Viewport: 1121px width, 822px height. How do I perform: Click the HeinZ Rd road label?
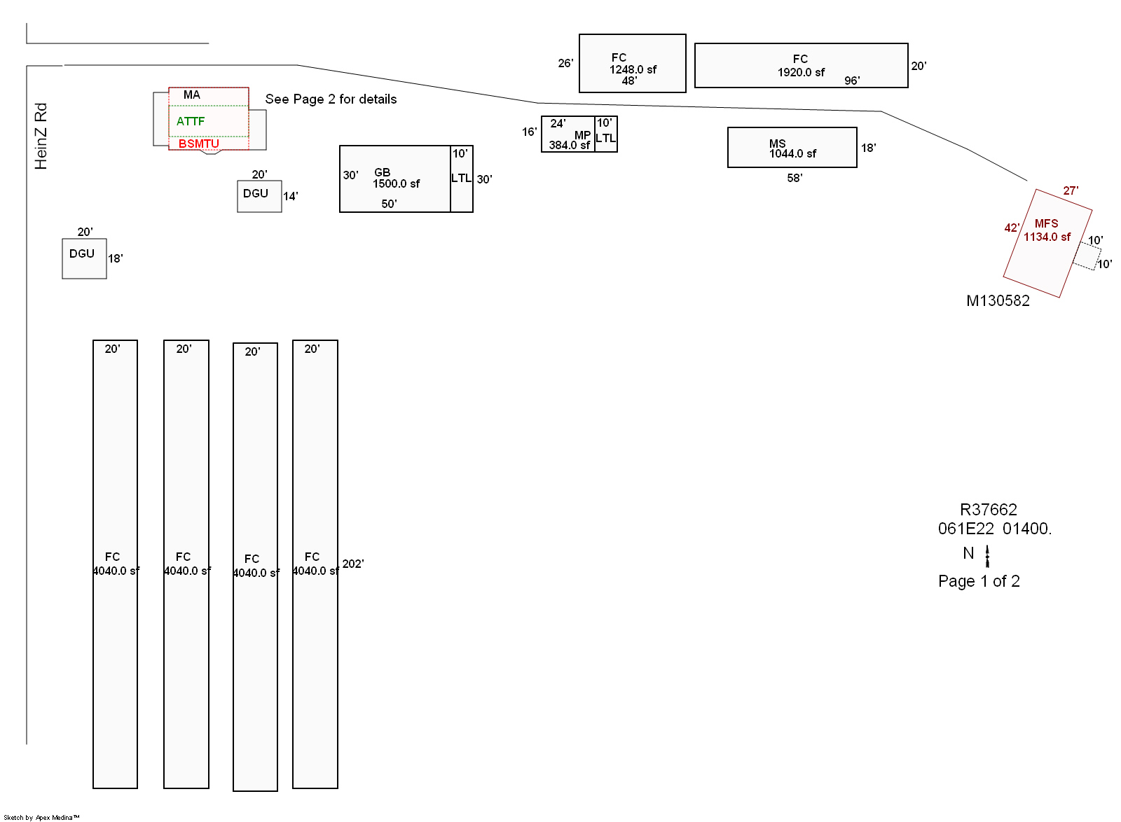pos(41,136)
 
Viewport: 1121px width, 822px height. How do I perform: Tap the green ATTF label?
pos(191,121)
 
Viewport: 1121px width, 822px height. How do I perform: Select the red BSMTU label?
pos(199,144)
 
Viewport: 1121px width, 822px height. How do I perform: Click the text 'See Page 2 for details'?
pos(331,99)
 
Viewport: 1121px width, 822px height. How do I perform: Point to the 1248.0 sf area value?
pos(633,69)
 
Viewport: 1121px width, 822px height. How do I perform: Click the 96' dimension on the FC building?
pos(852,81)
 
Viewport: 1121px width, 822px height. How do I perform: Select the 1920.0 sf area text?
pos(801,72)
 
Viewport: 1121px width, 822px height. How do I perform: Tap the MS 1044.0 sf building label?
pos(792,148)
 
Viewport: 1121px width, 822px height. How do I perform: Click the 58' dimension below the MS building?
pos(795,178)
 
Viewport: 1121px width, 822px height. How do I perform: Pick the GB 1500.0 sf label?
pos(396,178)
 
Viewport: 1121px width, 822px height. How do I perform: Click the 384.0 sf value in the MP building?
pos(569,145)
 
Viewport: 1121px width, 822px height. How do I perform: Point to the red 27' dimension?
pos(1071,190)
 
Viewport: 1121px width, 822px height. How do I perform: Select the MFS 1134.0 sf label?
pos(1047,230)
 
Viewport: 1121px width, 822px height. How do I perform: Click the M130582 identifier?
pos(998,301)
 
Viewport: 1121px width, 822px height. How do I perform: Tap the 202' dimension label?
pos(353,564)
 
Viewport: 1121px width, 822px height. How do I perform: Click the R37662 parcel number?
pos(988,510)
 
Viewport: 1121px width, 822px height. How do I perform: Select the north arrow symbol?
pos(987,556)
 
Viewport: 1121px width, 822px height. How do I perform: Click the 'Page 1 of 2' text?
pos(979,581)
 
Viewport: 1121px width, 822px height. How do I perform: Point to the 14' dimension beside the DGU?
pos(291,196)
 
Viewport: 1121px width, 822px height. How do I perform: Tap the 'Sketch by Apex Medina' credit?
pos(41,817)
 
